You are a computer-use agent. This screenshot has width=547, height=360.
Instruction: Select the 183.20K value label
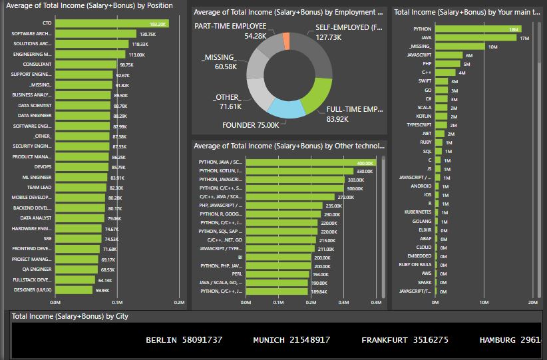(158, 23)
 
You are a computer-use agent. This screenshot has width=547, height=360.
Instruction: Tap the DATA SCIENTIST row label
(35, 105)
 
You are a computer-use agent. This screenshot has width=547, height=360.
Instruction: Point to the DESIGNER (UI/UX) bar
(73, 290)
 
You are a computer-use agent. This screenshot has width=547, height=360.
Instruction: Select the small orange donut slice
(286, 41)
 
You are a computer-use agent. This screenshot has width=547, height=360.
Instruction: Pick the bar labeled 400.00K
(310, 162)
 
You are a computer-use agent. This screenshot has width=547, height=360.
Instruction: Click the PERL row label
(236, 274)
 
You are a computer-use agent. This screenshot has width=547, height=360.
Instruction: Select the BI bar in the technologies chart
(278, 257)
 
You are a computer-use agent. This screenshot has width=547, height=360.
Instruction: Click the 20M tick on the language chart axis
(532, 303)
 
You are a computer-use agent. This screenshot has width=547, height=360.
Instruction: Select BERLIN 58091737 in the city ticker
(184, 340)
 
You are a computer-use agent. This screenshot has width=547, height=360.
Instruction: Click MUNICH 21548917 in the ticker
(291, 340)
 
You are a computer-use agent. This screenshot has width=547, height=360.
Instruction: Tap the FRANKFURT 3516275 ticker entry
(405, 340)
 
